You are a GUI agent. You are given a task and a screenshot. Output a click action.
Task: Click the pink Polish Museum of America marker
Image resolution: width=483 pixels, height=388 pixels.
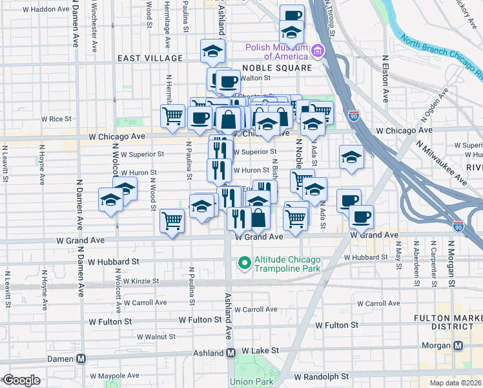pos(317,50)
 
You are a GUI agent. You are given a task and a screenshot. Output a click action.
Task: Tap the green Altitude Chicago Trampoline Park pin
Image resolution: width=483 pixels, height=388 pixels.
pos(244,263)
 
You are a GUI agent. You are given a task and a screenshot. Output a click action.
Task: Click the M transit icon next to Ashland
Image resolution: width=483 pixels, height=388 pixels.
pos(231,353)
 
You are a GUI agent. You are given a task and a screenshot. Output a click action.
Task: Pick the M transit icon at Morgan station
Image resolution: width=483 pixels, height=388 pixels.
pos(458,345)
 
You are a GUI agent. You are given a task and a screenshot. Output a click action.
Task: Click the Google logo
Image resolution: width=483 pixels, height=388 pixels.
pos(21,380)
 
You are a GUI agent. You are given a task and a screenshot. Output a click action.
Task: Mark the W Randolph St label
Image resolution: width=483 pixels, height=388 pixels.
pos(321,376)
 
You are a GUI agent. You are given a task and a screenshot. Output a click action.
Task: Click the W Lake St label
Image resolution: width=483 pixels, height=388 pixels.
pos(262,350)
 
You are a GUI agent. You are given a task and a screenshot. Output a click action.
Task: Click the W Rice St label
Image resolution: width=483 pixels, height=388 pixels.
pos(56,119)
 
